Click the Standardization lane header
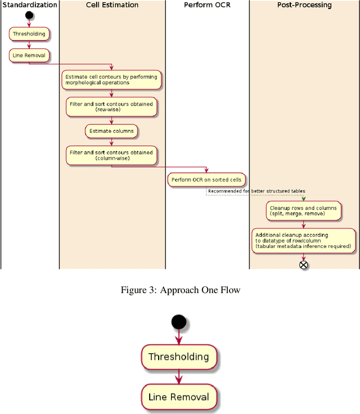29,5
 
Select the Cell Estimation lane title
112,5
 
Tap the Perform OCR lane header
207,5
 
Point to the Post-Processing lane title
304,5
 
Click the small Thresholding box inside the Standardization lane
29,34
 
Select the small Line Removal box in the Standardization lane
29,55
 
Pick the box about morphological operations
111,79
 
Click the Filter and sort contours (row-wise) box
111,106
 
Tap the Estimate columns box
112,131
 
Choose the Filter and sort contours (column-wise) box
111,155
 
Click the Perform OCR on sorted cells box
206,179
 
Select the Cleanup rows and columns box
303,210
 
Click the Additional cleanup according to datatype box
303,240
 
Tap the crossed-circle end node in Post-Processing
304,264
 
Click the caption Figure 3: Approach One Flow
180,290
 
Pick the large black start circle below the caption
179,322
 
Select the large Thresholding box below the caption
179,357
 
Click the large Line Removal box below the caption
179,397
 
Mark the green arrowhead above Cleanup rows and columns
304,198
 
